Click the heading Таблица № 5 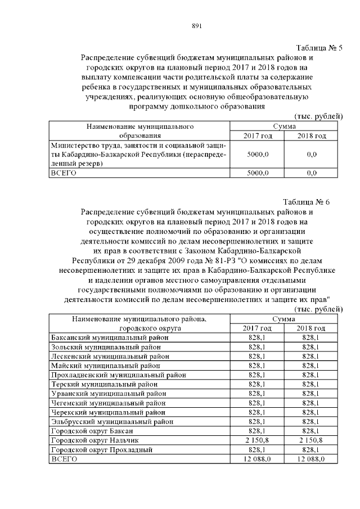tap(319, 47)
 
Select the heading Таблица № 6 tap(313, 202)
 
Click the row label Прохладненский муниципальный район tap(118, 375)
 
